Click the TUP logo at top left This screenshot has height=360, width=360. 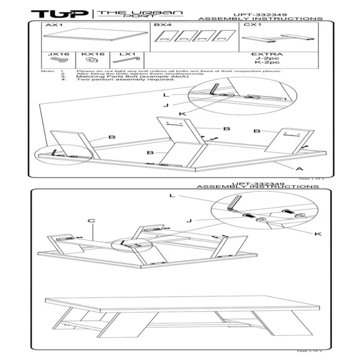coord(59,13)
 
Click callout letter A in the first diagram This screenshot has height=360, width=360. coord(297,170)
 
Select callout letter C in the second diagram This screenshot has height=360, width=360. coord(91,220)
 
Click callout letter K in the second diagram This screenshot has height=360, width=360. coord(317,233)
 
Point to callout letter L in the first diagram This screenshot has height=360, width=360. coord(165,95)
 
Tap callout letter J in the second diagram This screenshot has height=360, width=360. coord(189,220)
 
